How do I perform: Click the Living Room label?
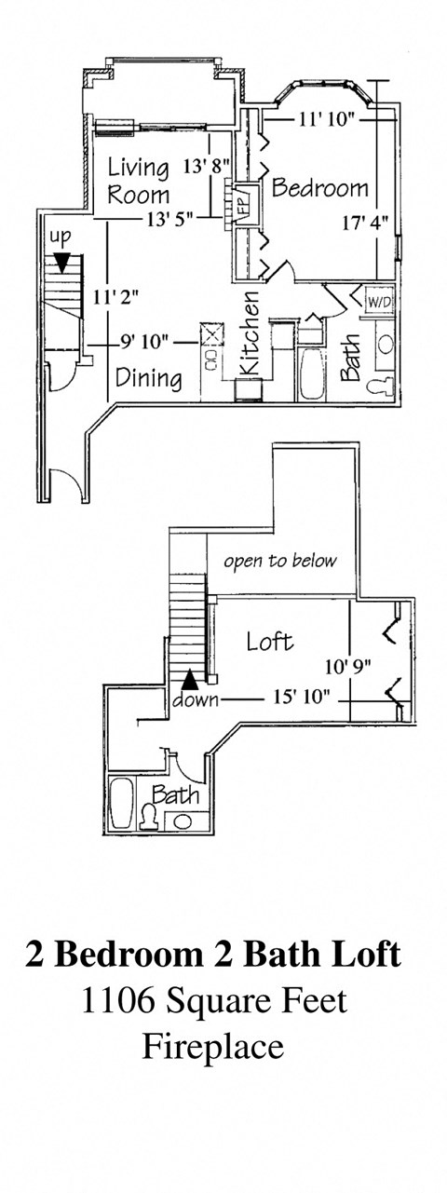coord(138,181)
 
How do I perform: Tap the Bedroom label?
coord(319,187)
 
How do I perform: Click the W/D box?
coord(378,303)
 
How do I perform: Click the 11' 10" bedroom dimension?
coord(329,118)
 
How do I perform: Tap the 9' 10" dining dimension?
coord(143,342)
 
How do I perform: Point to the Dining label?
coord(147,378)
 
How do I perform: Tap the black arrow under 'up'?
coord(61,264)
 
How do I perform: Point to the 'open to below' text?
coord(279,562)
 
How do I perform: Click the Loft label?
coord(269,641)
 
